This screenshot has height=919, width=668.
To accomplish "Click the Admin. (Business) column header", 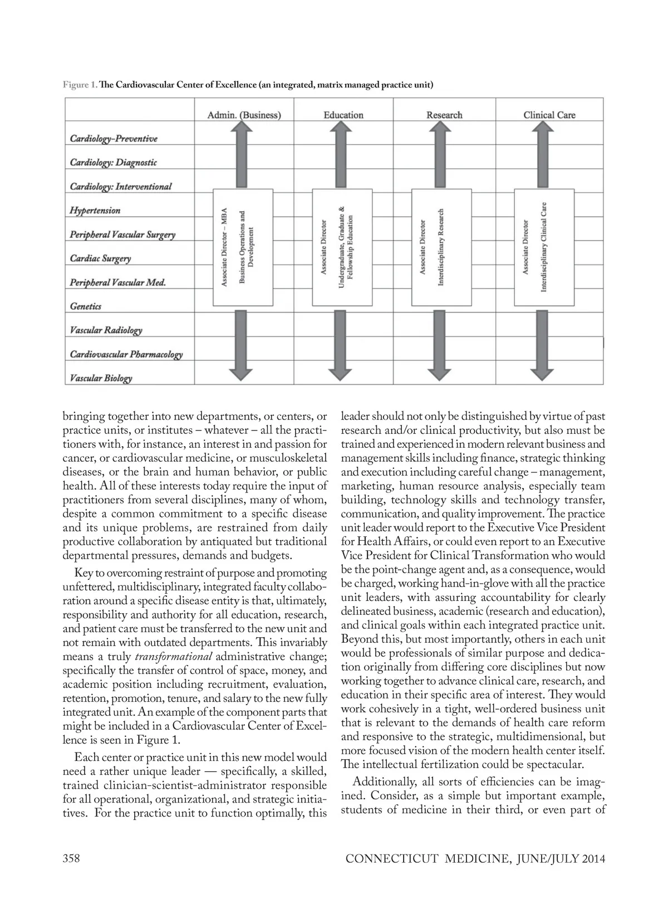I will [244, 115].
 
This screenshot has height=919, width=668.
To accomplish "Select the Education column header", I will [343, 115].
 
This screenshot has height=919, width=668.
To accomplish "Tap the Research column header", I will [444, 115].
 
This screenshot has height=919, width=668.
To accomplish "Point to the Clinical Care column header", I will [549, 115].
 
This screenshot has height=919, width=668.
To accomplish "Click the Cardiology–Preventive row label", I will [114, 139].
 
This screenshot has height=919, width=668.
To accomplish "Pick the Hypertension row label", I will [95, 211].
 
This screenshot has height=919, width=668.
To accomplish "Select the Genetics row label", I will [86, 306].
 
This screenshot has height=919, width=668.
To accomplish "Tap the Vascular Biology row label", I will [101, 378].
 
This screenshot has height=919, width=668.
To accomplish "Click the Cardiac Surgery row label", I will [101, 258].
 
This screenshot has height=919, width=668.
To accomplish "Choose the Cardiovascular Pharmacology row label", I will [126, 354].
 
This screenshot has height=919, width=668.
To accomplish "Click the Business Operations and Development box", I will [243, 247].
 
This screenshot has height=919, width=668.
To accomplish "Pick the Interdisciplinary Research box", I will [441, 247].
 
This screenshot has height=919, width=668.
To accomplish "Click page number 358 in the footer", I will [71, 858].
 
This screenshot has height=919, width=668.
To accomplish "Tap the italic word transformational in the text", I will [174, 657].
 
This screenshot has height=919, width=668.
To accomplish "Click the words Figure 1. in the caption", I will [80, 85].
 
